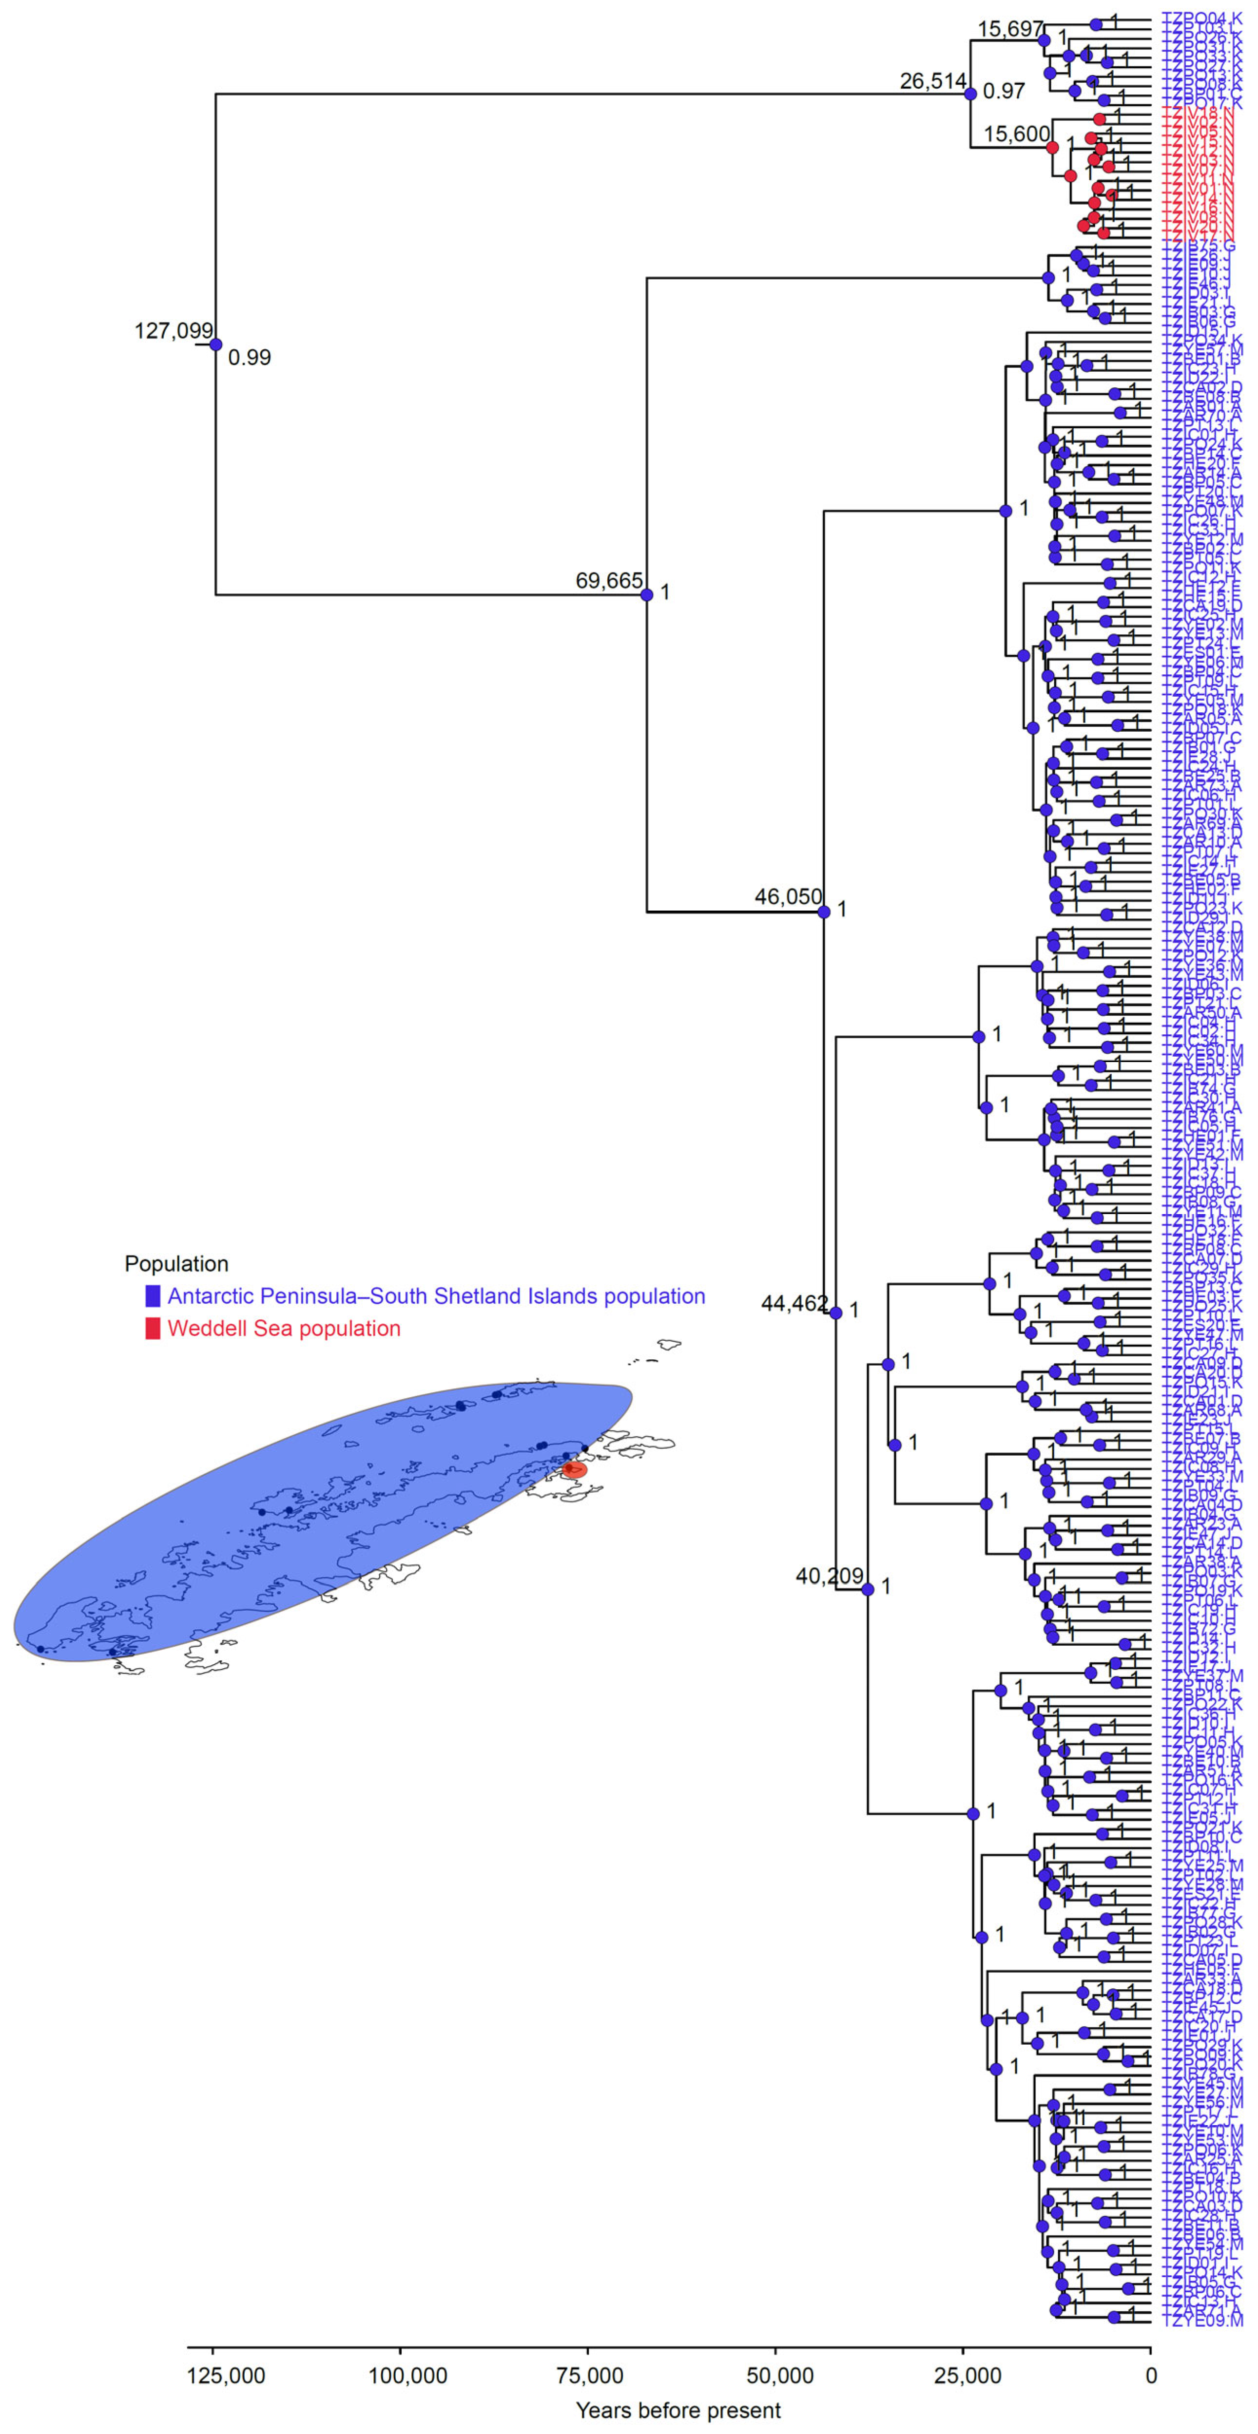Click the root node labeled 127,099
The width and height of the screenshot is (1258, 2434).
215,345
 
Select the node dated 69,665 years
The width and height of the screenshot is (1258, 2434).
646,595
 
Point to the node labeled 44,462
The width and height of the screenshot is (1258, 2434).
835,1313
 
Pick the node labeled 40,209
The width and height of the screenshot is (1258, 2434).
868,1589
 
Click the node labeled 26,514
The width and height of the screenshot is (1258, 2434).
970,94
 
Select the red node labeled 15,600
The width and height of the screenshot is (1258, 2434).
1052,148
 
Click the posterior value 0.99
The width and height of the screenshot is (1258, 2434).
250,358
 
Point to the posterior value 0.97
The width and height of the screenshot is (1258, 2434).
1004,92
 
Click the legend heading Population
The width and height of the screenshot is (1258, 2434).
177,1264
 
